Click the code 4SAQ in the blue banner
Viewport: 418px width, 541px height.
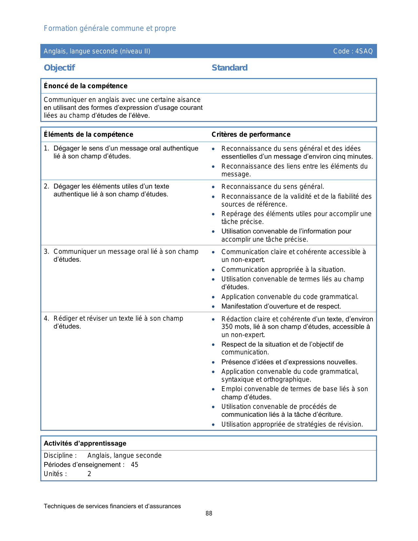click(364, 51)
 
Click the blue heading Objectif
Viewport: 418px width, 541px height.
click(59, 68)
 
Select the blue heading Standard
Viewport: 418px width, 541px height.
click(229, 68)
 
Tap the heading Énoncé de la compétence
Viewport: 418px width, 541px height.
click(86, 86)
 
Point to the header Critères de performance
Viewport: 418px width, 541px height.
click(251, 134)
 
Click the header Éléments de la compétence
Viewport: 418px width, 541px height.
click(89, 134)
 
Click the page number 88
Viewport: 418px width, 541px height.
click(209, 513)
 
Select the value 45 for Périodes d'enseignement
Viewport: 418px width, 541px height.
click(134, 465)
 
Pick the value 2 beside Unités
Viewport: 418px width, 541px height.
click(89, 474)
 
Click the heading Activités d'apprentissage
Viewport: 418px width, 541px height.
click(85, 443)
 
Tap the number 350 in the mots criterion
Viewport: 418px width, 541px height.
click(227, 327)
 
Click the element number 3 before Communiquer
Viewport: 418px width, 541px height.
click(46, 251)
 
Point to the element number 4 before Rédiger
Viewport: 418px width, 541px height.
click(46, 318)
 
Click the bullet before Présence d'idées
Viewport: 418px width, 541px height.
click(213, 362)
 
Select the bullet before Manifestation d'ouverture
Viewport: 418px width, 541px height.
click(213, 307)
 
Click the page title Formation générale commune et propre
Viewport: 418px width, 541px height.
click(110, 29)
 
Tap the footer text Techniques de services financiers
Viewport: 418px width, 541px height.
click(112, 506)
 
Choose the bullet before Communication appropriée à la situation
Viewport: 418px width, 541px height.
click(213, 270)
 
